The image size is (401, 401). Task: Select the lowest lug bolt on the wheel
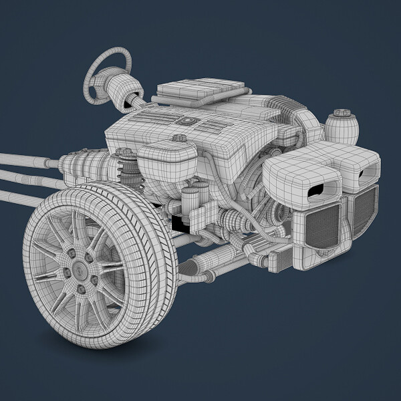[82, 289]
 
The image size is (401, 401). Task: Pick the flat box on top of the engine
[200, 90]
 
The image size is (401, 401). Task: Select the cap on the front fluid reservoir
[178, 138]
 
